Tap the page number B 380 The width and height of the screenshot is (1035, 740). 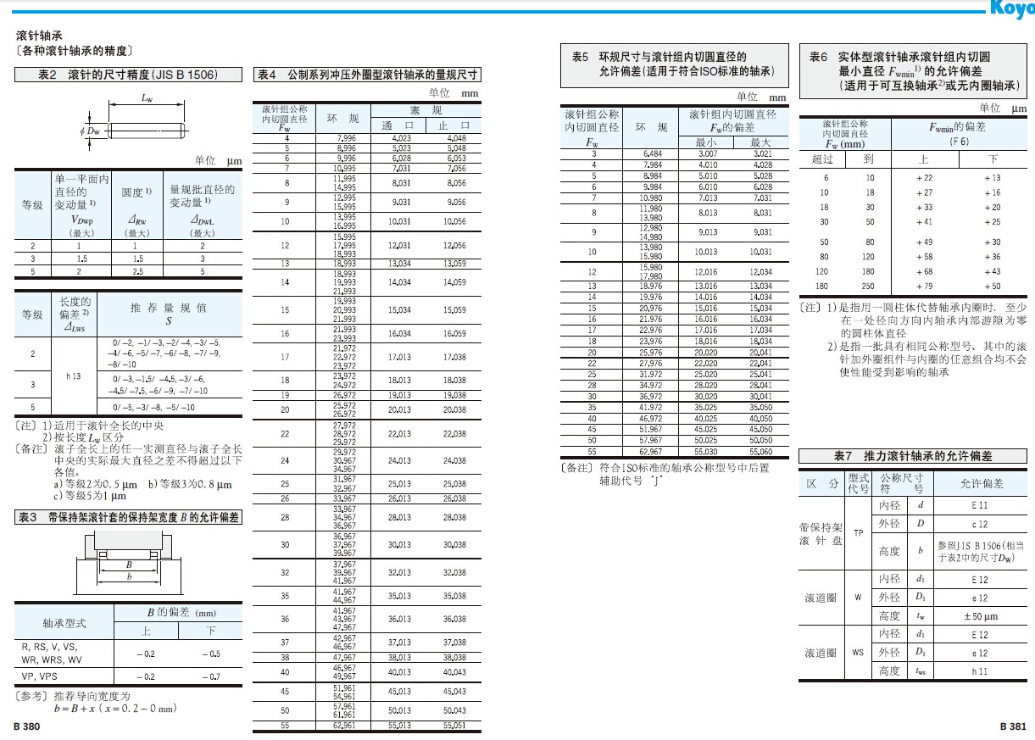(27, 726)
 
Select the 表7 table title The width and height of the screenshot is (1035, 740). (912, 456)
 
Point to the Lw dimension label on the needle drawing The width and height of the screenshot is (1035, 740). (147, 98)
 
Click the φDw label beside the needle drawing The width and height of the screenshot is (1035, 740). (91, 131)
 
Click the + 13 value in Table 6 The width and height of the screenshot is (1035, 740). (992, 178)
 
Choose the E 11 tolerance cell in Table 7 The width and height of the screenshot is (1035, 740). (980, 505)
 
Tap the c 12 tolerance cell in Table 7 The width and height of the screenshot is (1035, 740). (980, 525)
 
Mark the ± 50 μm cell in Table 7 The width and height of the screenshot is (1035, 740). (980, 616)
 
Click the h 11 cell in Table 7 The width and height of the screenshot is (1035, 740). (980, 671)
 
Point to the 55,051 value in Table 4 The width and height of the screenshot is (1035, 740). (455, 726)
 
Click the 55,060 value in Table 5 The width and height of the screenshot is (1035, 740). (760, 453)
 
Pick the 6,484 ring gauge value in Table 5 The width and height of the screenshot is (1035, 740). (653, 153)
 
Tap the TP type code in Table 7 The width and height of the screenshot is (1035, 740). (858, 533)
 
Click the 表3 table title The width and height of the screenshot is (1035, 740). (128, 518)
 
